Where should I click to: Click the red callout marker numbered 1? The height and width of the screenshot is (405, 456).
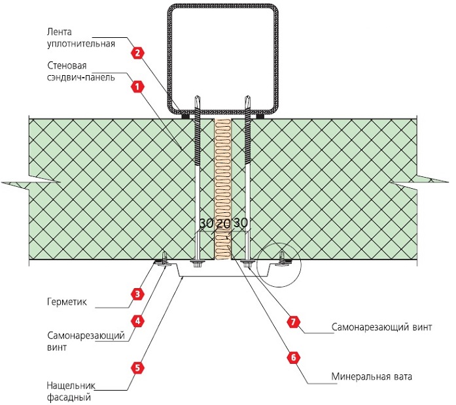[x=137, y=86]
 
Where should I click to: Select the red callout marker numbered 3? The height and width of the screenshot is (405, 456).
[x=137, y=294]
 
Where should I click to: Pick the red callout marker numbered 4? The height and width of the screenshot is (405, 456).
[x=137, y=321]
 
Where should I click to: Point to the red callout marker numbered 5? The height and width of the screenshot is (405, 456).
[x=137, y=368]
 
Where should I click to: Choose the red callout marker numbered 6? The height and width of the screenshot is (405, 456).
[x=293, y=357]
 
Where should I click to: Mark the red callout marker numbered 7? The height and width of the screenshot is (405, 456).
[x=293, y=322]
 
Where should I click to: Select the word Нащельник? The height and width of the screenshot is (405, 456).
[x=71, y=385]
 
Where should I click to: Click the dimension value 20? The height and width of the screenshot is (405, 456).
[x=224, y=223]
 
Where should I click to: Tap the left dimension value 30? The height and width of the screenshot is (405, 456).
[x=207, y=223]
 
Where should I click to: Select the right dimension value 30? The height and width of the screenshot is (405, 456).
[x=240, y=223]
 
